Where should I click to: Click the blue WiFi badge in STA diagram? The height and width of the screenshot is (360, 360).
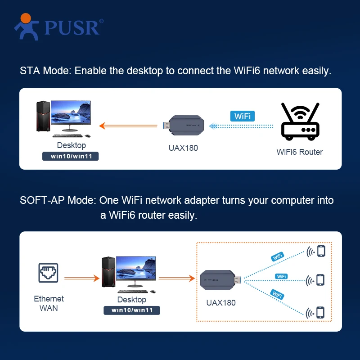coord(242,116)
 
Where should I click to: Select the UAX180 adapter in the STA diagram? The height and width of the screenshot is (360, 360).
coord(185,126)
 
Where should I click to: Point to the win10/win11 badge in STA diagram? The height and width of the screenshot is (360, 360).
coord(70,157)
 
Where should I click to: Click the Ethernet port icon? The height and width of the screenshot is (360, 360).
coord(49,273)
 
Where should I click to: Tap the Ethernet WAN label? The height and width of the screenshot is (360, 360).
coord(49,303)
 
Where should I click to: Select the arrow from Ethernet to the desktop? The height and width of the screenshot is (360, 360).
coord(81,279)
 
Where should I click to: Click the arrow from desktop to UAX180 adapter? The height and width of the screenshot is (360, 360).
coord(176,279)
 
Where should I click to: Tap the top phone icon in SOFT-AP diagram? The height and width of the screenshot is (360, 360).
coord(321,251)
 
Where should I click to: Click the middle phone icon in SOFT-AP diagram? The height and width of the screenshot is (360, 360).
coord(320,280)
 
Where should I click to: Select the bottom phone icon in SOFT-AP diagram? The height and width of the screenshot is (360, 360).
coord(320,312)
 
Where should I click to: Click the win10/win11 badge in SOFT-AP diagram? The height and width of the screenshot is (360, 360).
coord(132,310)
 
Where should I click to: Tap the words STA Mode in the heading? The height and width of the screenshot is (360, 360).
coord(45,71)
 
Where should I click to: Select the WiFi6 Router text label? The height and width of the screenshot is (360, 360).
coord(299,152)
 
